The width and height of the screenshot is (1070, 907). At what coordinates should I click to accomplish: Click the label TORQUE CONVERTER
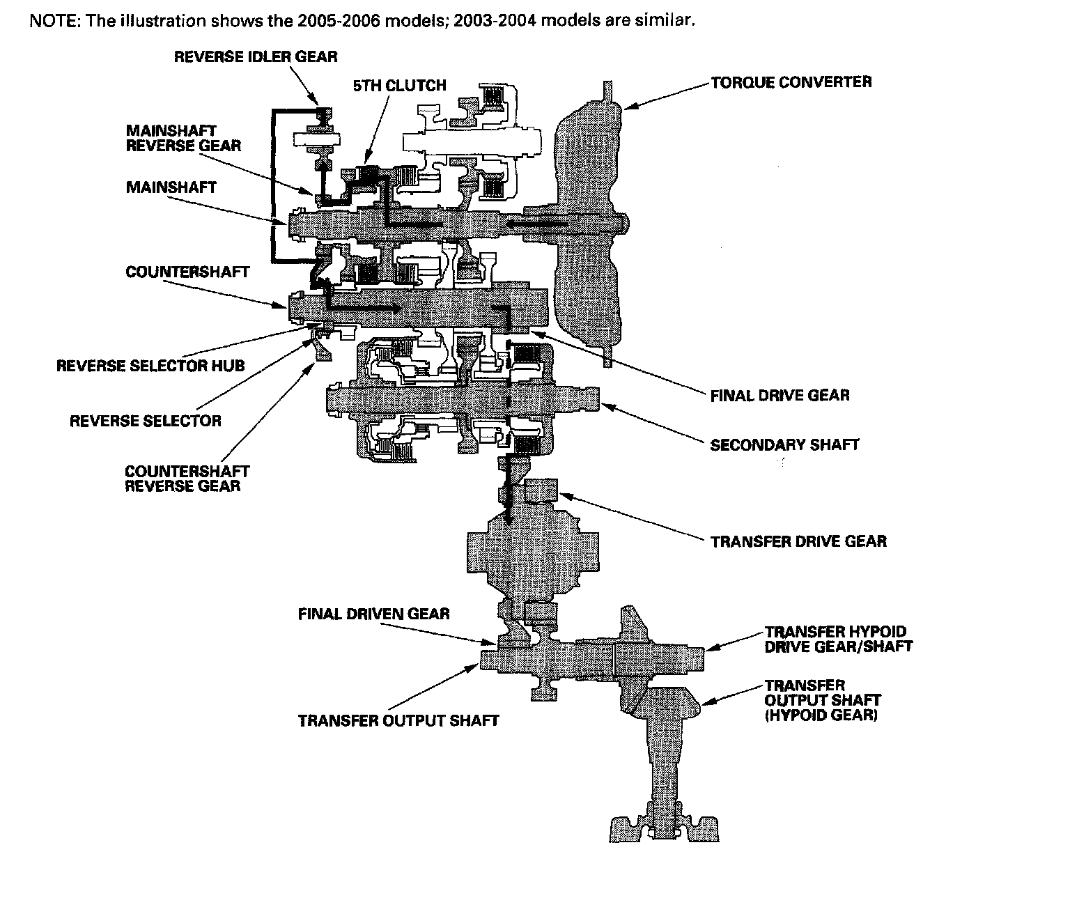[791, 82]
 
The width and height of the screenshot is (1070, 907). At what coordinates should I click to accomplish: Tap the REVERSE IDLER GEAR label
[256, 56]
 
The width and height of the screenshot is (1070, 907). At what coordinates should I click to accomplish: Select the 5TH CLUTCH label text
[399, 86]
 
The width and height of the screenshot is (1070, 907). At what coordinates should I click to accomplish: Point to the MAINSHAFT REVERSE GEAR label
[183, 138]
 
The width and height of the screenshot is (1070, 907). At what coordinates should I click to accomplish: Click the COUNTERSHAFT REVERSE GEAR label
[187, 479]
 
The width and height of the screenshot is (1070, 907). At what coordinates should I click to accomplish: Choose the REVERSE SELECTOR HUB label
[150, 366]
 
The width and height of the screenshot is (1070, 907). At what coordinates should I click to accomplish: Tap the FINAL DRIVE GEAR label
[780, 396]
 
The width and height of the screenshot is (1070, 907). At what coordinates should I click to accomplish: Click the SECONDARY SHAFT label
[784, 444]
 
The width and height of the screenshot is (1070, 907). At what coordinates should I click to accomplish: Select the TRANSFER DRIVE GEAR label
[798, 541]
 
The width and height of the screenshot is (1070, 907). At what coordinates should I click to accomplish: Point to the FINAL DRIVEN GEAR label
[373, 614]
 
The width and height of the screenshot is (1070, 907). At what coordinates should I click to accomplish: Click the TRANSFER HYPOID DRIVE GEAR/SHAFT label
[838, 639]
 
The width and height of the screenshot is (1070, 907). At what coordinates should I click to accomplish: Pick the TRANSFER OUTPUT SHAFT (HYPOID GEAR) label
[822, 699]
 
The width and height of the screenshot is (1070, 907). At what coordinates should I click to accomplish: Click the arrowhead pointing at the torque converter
[629, 105]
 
